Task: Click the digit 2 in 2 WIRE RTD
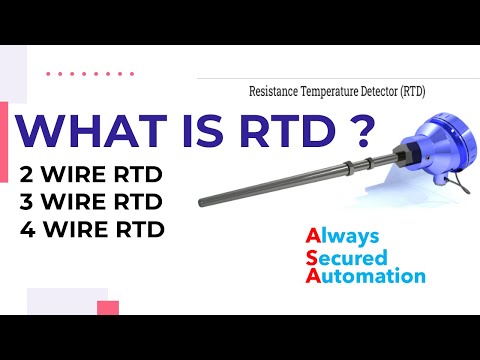click(x=27, y=175)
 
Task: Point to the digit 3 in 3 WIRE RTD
click(x=27, y=202)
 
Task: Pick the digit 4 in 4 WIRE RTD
click(x=27, y=229)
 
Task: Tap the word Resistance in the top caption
click(x=274, y=90)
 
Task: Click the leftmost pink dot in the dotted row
click(x=50, y=73)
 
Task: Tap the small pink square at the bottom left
click(x=108, y=307)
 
